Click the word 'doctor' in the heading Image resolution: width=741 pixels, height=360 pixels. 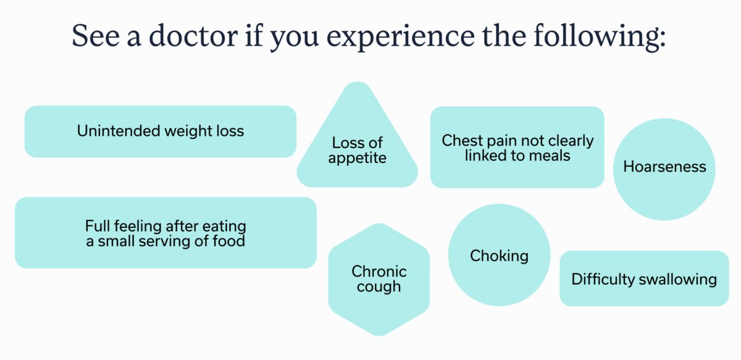coord(193,35)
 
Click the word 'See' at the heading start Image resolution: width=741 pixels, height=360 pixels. coord(96,36)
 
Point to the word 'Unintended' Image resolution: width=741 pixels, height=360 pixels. coord(119,131)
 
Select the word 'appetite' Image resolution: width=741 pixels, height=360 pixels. coord(358,158)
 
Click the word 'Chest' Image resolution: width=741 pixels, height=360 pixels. coord(462,140)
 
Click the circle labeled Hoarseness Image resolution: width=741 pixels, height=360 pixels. coord(664,169)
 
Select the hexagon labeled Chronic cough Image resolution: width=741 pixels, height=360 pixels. coord(379,280)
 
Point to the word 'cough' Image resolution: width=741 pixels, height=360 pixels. coord(379,287)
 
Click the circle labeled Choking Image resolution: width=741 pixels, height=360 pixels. coord(499,255)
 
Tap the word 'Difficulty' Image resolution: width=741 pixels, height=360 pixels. coord(603,280)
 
